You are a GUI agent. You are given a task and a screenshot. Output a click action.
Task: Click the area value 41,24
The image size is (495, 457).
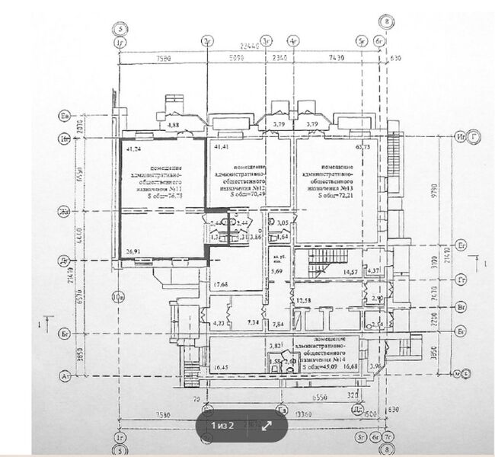[133, 150]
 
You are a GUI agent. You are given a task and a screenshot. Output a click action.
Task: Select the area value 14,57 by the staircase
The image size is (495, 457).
[350, 272]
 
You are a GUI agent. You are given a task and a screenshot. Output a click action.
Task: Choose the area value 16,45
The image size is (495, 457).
[221, 368]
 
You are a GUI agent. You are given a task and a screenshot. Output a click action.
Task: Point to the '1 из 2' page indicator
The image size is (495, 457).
[222, 426]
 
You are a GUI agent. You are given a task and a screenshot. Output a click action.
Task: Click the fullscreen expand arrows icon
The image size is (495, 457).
[267, 426]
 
